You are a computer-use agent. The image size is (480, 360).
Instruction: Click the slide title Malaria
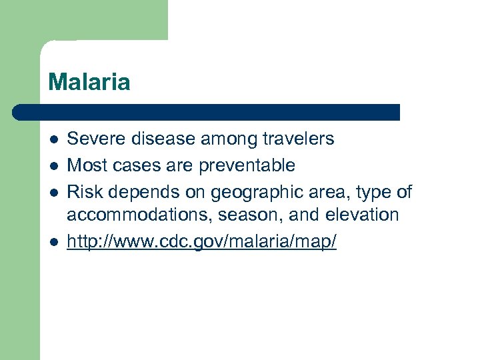(x=89, y=83)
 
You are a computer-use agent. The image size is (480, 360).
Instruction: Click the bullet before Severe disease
(x=53, y=140)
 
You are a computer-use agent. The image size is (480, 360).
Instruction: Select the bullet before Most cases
(x=53, y=165)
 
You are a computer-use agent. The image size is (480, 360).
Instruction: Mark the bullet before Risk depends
(x=53, y=193)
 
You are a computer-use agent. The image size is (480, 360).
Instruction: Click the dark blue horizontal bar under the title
(x=207, y=112)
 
